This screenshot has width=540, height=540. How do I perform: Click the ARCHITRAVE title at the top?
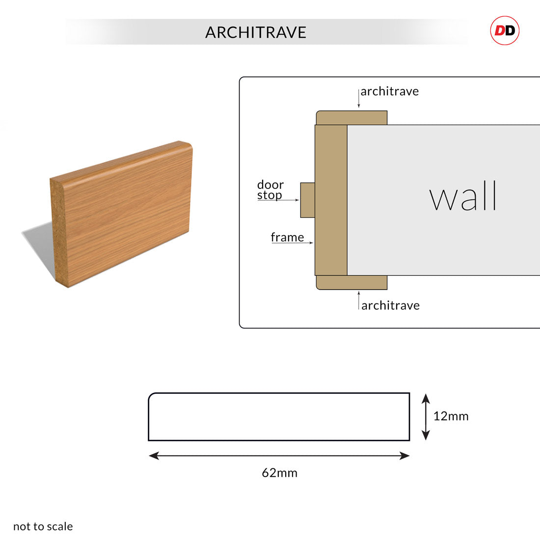tap(256, 32)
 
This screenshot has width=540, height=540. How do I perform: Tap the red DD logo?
tap(505, 30)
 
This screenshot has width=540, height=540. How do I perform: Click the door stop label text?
tap(270, 190)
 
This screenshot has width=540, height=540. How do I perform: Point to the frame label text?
tap(287, 237)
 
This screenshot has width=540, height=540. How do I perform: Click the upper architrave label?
tap(389, 91)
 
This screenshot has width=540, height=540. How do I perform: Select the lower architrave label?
tap(391, 305)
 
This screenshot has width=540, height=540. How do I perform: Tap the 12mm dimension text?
tap(451, 416)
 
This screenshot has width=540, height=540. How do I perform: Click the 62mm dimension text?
tap(280, 473)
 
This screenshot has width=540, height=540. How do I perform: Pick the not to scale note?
tap(43, 526)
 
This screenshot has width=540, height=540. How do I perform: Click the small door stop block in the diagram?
tap(307, 200)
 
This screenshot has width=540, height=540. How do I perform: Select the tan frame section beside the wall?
tap(331, 200)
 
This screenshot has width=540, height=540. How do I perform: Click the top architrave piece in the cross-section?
tap(351, 118)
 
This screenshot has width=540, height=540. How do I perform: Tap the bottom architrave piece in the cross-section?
tap(351, 282)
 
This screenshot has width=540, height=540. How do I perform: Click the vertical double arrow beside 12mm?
tap(426, 417)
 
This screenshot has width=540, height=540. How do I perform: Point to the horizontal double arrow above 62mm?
tap(279, 456)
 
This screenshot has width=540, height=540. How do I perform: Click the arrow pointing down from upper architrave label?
tap(358, 98)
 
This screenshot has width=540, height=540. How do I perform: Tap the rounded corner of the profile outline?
tap(151, 395)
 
